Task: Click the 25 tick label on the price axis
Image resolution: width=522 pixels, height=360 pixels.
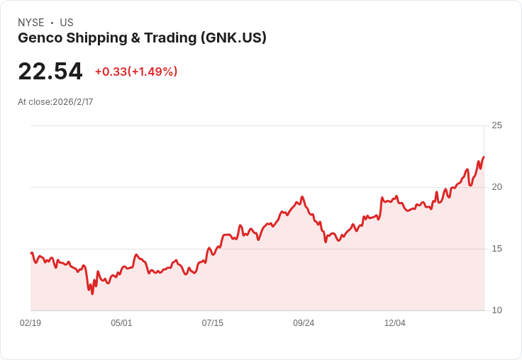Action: (x=496, y=125)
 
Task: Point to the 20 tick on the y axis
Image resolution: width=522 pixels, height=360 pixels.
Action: (x=496, y=187)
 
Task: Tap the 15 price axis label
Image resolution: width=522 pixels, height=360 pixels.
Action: (x=496, y=249)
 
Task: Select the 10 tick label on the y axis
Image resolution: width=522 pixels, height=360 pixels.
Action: (x=496, y=310)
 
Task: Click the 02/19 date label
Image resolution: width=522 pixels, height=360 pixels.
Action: (x=30, y=322)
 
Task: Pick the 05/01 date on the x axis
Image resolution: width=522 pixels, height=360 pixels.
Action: (x=121, y=322)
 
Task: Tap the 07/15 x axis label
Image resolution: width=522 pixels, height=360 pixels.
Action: (x=212, y=322)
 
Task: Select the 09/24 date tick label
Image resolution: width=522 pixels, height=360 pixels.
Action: (x=304, y=322)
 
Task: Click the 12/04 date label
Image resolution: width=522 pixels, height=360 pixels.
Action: (x=395, y=322)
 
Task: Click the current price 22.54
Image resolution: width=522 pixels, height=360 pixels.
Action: (x=50, y=71)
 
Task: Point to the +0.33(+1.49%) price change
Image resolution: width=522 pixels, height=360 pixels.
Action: (x=136, y=72)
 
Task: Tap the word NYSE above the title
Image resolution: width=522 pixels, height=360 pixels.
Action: (x=31, y=23)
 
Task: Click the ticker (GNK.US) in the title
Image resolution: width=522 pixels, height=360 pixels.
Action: (x=233, y=38)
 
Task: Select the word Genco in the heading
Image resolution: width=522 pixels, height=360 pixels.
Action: (x=40, y=38)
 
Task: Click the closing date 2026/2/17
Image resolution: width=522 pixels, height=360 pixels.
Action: (x=73, y=102)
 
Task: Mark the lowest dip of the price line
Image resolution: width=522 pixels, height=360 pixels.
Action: (x=92, y=294)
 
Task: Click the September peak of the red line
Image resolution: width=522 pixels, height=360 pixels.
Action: (x=302, y=196)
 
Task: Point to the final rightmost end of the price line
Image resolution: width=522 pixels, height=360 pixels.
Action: (x=484, y=157)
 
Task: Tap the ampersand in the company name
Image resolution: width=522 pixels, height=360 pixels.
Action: (x=135, y=38)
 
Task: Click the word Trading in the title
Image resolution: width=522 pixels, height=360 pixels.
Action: (x=170, y=38)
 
